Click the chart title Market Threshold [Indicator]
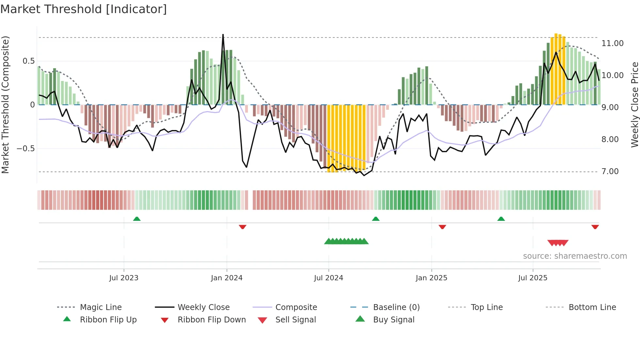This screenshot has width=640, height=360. pos(84,9)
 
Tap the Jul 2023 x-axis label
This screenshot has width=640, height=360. pos(124,278)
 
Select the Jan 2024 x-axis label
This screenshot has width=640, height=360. pos(227,278)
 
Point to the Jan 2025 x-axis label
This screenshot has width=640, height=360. pos(431,278)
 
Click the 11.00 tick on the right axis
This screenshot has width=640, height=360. pos(613,43)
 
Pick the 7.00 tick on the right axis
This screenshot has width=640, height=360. pos(610,172)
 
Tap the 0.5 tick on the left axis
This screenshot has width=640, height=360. pos(28,61)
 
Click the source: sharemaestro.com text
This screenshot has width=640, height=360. pos(575,256)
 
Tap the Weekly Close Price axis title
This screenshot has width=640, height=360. pos(634,105)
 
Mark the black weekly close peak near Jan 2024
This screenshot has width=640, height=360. pos(223,35)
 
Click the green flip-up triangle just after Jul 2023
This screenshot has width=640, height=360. pos(137,219)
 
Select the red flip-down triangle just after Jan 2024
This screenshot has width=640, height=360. pos(242,227)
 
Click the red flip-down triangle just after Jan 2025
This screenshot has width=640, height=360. pos(442,227)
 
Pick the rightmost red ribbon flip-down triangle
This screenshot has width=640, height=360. pos(595,227)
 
